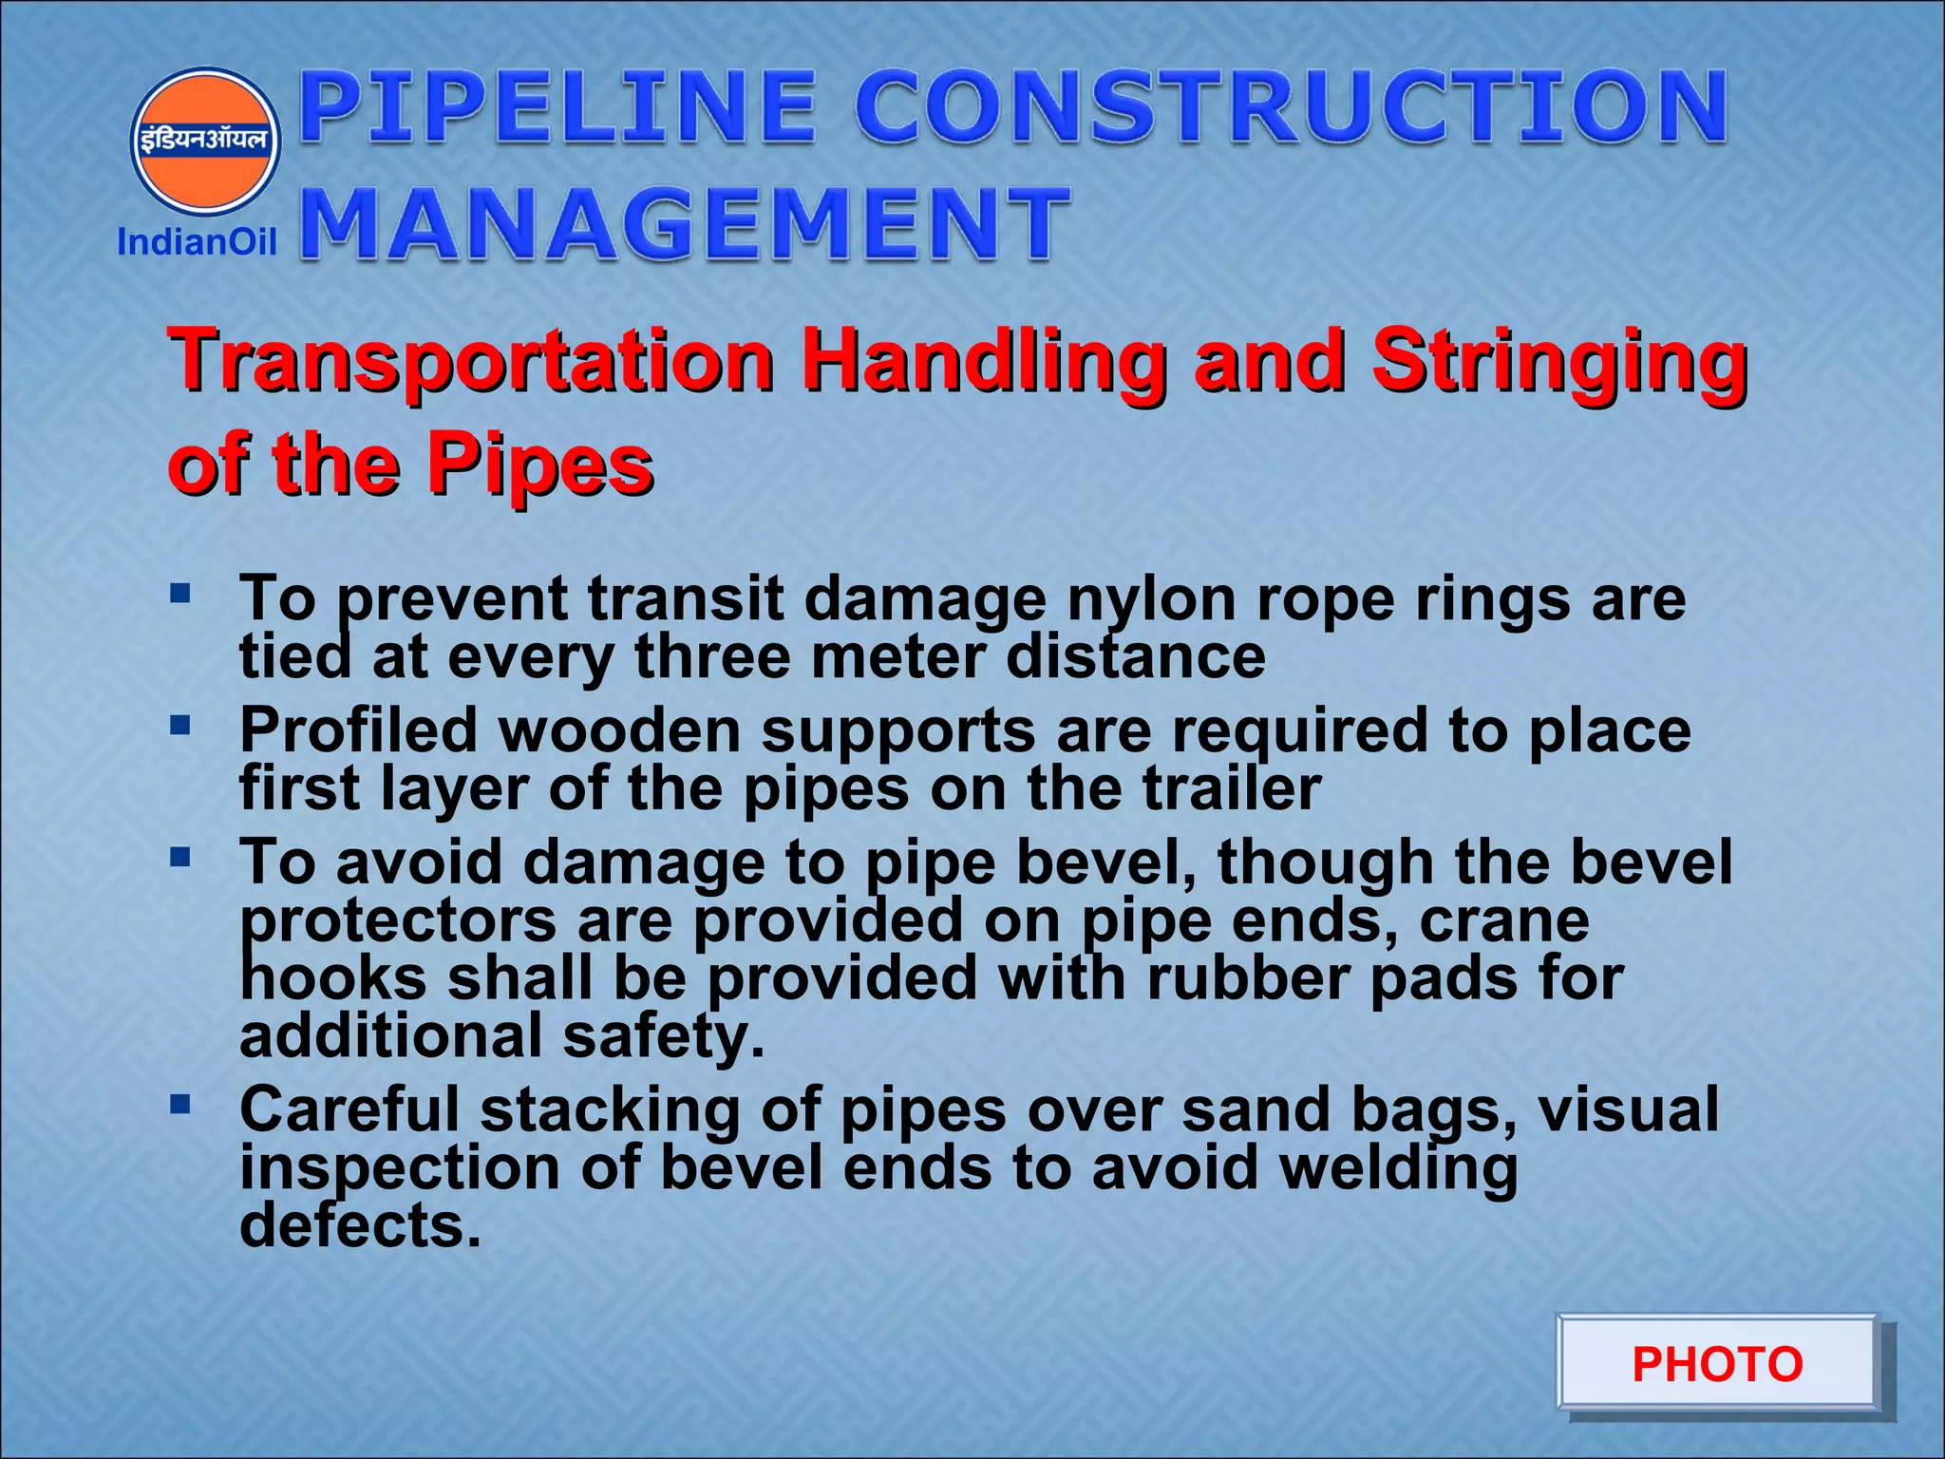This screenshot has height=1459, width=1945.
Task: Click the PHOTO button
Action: click(x=1716, y=1364)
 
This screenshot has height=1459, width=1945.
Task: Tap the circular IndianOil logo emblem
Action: click(x=205, y=141)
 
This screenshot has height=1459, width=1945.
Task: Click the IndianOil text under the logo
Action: click(x=197, y=242)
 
